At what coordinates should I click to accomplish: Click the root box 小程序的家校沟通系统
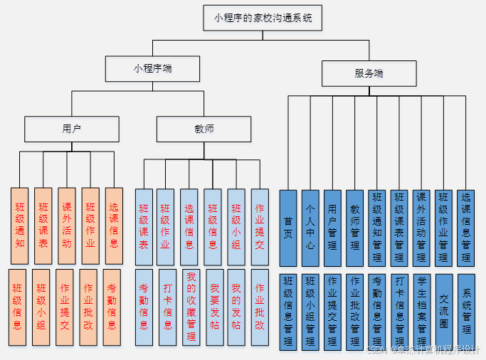coord(263,18)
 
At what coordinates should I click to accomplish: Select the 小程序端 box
coord(152,69)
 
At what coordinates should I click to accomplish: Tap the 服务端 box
coord(369,73)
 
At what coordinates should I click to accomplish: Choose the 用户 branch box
coord(71,129)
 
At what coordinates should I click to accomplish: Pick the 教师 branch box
coord(204,129)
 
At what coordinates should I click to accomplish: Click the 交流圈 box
coord(443,311)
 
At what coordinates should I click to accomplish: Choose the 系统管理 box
coord(466,311)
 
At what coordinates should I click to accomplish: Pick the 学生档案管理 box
coord(421,311)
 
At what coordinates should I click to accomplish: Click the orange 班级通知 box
coord(19,226)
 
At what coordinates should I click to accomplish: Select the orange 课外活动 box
coord(66,226)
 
